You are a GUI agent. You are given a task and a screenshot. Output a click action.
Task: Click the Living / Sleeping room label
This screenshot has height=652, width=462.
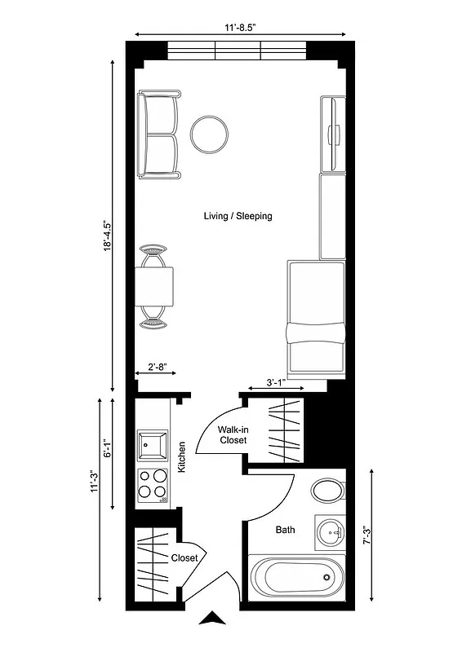pos(238,216)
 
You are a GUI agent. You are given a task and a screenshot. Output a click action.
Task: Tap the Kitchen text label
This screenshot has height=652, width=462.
pos(182,459)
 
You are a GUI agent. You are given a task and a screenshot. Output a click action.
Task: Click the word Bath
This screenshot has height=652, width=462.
pos(285,530)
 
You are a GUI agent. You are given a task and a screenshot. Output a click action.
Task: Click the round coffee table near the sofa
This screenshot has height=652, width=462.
pos(210,134)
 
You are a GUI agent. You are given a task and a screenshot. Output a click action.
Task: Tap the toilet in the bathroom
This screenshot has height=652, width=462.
pos(329,491)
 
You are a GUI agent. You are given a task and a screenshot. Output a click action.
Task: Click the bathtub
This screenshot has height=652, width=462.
pos(295,578)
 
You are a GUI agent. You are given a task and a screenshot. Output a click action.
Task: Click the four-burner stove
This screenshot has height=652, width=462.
pos(153,486)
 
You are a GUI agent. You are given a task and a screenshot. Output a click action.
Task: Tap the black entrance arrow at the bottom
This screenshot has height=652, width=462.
pos(213,618)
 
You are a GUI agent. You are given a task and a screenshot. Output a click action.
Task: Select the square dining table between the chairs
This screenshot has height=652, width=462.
pos(154,287)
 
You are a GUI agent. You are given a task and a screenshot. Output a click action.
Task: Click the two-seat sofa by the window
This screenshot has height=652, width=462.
pos(159,135)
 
